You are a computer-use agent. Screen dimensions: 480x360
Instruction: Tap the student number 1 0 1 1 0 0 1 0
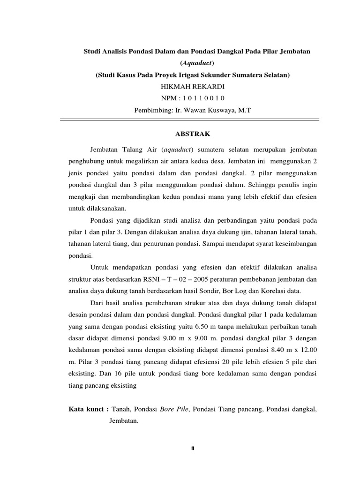[202, 98]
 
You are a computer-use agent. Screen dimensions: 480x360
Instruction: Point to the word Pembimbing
[151, 110]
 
